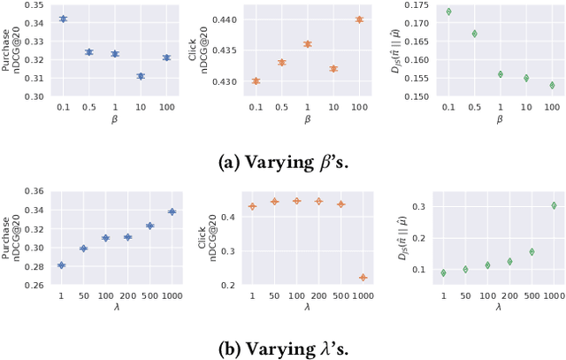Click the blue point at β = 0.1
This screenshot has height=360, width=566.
[63, 19]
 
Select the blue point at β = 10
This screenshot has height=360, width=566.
[141, 76]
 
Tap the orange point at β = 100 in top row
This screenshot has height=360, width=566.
[359, 19]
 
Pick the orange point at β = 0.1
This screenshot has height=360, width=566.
[256, 80]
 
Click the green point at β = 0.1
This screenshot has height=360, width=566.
[448, 11]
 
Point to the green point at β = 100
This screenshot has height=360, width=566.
[553, 86]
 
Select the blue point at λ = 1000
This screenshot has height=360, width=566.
[172, 211]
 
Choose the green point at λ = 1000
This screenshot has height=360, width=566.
[555, 205]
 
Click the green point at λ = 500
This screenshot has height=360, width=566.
[532, 251]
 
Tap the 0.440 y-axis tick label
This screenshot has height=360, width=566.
[223, 19]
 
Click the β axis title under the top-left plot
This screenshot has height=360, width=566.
[102, 118]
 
